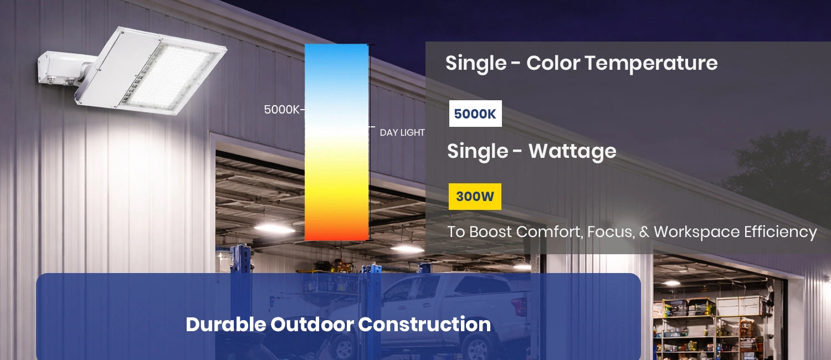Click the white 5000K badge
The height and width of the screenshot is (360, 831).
tap(475, 114)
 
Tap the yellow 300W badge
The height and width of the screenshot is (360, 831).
tap(475, 197)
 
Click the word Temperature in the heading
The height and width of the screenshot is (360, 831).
tap(651, 63)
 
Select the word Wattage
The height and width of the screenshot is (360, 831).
tap(572, 151)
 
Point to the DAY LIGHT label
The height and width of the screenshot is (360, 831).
tap(402, 132)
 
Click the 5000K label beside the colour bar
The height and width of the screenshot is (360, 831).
tap(281, 110)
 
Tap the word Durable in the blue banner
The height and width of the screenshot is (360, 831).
tap(225, 325)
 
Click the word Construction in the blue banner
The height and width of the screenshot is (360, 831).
tap(424, 325)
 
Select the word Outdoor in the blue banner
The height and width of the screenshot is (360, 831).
tap(312, 325)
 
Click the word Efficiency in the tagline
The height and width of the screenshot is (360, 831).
tap(781, 232)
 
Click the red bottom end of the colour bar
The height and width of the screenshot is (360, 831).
tap(336, 233)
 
